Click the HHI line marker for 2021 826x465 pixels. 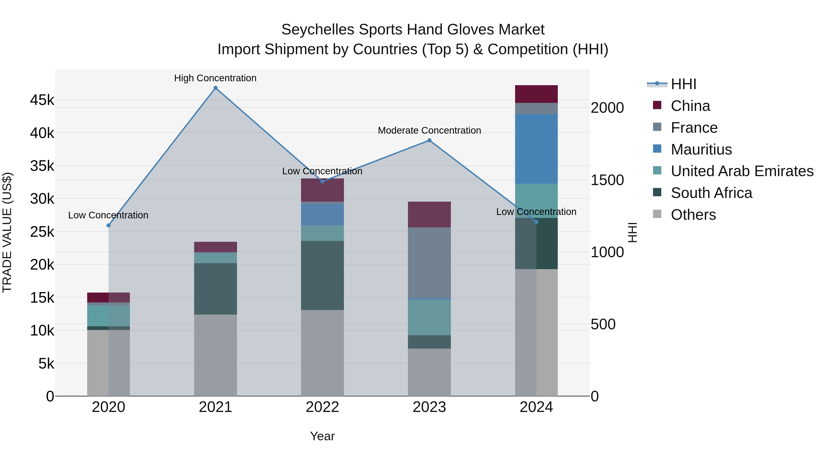coord(215,88)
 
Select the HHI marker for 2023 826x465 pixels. coord(429,140)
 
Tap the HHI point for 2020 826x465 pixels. coord(108,225)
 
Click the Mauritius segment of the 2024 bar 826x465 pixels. coord(536,149)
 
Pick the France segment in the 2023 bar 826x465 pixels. coord(429,262)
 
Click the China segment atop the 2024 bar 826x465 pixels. coord(536,94)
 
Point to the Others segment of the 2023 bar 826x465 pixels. coord(429,372)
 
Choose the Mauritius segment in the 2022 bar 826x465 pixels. coord(322,214)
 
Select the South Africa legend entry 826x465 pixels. coord(711,193)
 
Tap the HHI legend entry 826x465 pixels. coord(683,84)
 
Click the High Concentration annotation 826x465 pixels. coord(215,78)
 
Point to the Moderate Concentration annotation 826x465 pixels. coord(429,131)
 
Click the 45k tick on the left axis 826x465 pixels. coord(42,100)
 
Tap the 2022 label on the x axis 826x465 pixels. coord(322,407)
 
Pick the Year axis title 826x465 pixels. coord(322,436)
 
